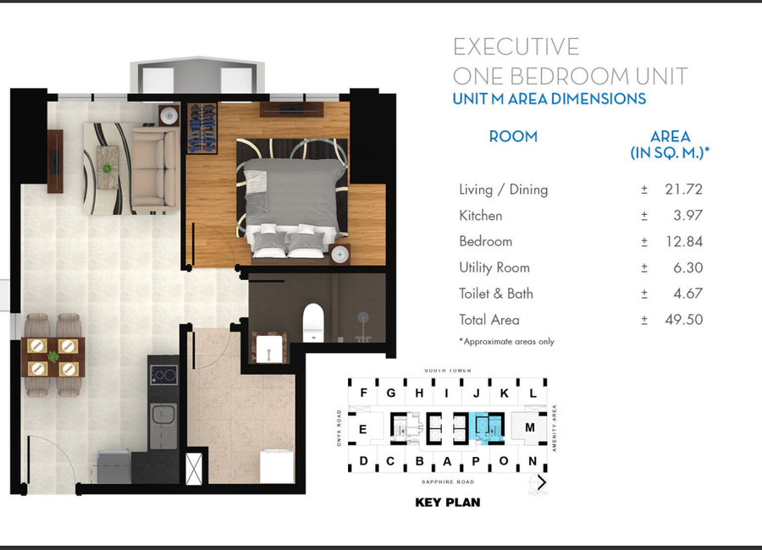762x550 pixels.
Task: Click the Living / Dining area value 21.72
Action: coord(684,190)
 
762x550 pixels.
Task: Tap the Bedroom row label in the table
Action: coord(485,241)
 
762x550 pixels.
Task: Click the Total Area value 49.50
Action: coord(684,320)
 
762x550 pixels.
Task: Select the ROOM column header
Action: coord(513,136)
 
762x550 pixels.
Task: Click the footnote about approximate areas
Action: coord(506,341)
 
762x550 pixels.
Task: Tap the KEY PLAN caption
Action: coord(447,503)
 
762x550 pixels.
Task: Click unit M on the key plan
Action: coord(530,428)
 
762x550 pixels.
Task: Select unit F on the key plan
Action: coord(364,393)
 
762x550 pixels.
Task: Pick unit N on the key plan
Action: coord(533,461)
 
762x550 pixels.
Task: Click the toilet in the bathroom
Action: coord(313,321)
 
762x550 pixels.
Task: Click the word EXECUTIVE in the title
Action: coord(516,47)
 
